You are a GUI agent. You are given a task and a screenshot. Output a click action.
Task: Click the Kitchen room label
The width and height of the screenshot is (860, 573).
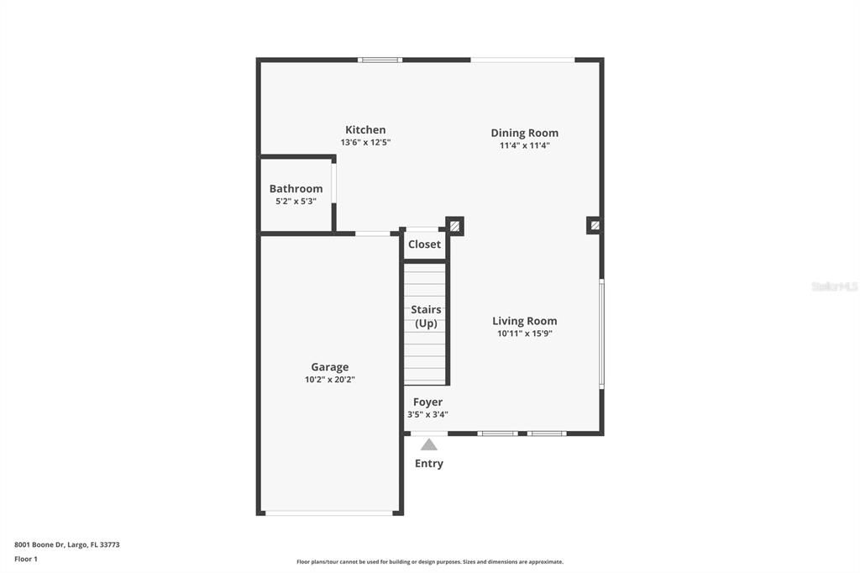365,130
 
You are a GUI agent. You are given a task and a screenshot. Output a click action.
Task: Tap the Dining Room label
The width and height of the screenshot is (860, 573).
524,134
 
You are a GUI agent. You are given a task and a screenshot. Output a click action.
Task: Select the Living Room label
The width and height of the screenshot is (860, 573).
524,321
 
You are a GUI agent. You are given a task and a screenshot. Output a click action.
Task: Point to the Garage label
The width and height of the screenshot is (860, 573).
329,367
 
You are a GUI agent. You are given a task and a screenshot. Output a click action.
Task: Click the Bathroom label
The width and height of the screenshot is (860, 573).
296,189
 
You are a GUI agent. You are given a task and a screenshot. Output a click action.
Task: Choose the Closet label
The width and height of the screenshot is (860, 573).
424,244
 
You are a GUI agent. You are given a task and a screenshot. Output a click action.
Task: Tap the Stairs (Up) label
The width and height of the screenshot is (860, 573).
426,316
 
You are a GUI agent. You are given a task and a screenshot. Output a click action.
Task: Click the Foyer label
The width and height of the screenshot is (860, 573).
427,402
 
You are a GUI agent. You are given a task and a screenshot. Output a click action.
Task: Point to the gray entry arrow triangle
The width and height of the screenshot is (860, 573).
429,444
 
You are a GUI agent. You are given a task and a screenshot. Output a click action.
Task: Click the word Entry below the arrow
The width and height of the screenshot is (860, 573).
429,464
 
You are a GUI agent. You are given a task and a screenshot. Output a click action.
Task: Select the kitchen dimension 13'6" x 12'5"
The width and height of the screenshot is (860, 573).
365,143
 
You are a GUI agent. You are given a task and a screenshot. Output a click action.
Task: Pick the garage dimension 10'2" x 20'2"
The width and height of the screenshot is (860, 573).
329,380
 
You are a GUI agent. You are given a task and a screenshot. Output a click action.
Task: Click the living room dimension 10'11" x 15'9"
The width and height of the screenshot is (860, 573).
524,334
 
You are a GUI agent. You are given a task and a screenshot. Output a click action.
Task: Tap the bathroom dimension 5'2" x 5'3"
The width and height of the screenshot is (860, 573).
296,202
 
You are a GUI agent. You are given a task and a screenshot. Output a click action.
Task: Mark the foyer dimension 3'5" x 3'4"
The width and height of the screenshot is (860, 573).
427,415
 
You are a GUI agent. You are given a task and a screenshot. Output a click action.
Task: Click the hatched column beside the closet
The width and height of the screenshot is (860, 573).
454,225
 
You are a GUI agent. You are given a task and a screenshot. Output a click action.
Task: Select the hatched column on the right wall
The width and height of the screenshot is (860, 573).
595,225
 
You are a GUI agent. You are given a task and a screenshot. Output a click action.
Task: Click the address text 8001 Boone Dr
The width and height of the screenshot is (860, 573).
39,545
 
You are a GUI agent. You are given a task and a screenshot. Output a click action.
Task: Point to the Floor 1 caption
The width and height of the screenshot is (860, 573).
26,560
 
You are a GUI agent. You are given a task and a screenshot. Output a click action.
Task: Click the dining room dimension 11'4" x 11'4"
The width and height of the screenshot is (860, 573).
524,146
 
